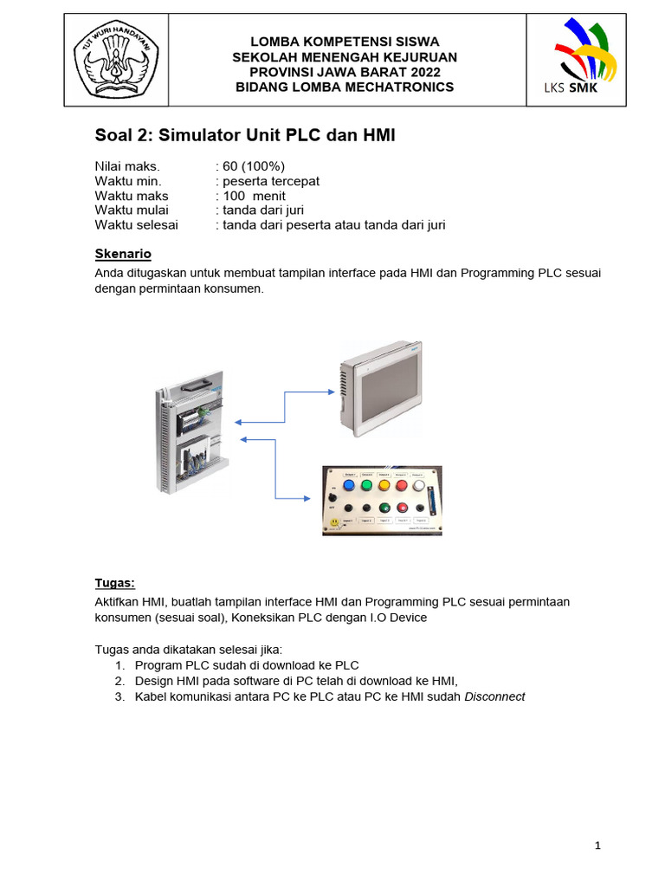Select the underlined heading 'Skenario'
122,254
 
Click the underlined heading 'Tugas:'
114,582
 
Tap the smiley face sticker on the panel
333,523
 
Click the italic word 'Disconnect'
494,696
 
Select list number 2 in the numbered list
119,681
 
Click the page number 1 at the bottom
597,846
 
